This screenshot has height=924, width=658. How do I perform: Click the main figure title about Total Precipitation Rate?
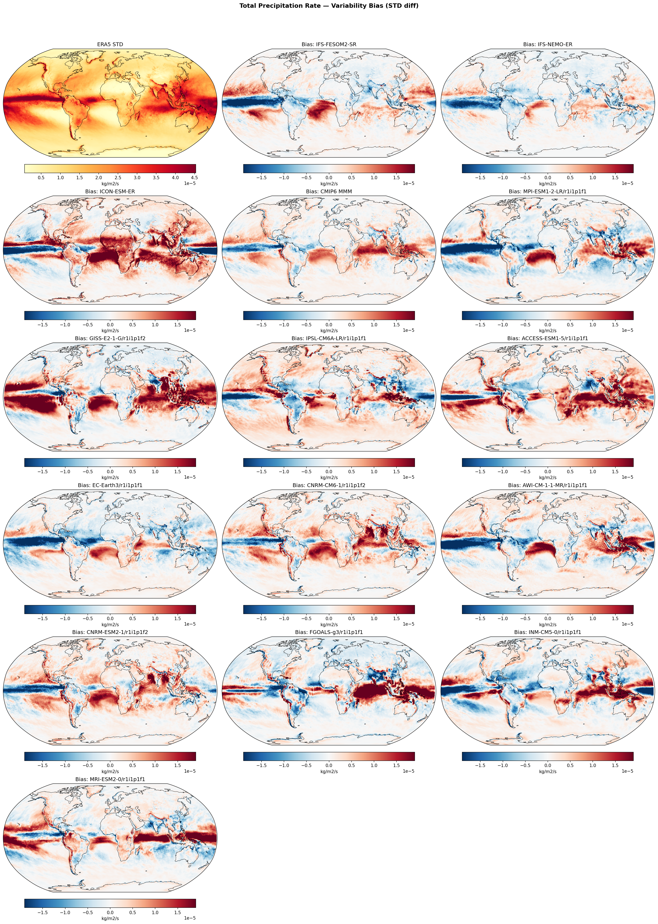329,6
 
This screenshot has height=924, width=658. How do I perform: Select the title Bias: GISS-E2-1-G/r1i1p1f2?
110,338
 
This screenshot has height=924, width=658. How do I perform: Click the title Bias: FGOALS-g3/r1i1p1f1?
329,632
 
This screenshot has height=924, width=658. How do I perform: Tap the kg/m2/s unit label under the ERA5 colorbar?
110,184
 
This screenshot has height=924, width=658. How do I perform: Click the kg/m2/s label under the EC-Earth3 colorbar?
110,625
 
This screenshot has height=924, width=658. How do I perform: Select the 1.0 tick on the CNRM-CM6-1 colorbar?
374,619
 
